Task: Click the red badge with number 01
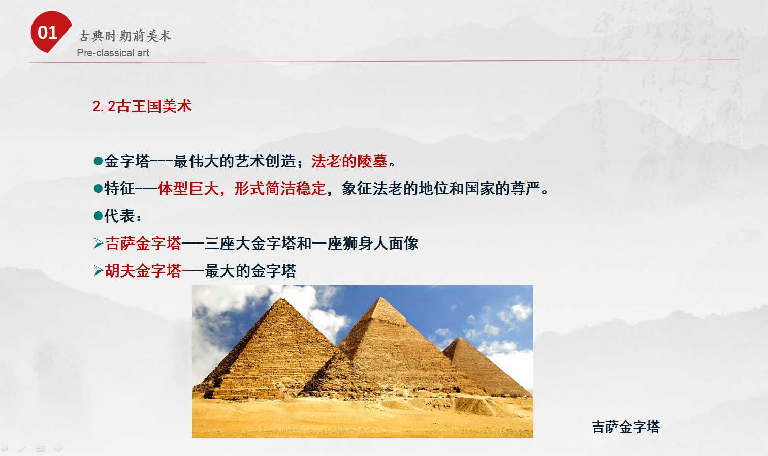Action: (50, 32)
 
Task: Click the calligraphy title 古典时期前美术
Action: (124, 36)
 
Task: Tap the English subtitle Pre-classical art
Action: (113, 53)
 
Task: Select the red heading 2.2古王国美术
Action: (142, 106)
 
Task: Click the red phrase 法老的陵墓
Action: (349, 161)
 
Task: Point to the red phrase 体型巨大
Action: (188, 189)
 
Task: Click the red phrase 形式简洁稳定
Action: (280, 189)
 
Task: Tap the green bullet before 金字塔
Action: (98, 161)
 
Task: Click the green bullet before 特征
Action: (98, 189)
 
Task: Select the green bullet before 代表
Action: (98, 216)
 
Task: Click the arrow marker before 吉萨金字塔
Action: (99, 244)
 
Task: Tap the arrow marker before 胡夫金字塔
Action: (99, 271)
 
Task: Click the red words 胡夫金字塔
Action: (143, 271)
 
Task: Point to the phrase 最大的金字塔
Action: (250, 271)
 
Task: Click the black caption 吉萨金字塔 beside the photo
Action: (626, 427)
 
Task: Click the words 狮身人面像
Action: (380, 244)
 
